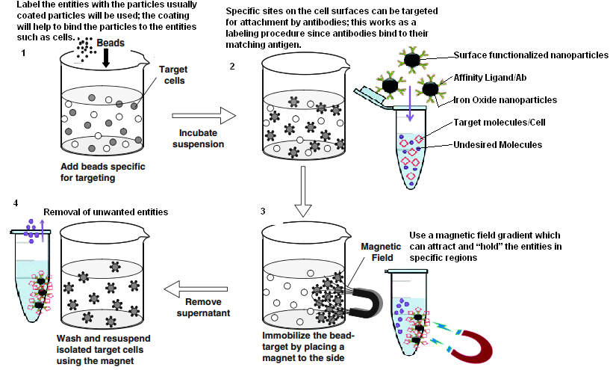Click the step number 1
pos(24,53)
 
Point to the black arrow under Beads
pos(106,58)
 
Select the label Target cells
pos(173,74)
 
